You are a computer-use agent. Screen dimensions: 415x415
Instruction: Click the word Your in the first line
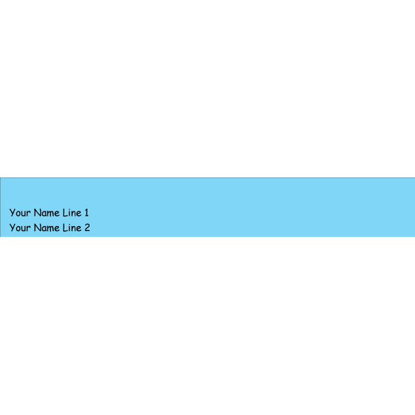20,213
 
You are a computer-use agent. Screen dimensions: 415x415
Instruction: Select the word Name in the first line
47,213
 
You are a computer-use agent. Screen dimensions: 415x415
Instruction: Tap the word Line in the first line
72,213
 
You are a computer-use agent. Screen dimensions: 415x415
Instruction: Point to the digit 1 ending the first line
87,213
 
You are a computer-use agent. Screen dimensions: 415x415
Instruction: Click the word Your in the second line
20,228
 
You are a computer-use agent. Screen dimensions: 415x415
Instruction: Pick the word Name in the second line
47,228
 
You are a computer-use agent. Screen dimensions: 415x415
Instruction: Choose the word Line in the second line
72,228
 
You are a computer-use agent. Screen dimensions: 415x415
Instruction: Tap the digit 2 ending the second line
87,228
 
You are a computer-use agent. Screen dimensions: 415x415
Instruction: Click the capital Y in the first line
12,213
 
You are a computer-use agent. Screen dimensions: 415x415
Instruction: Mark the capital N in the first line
37,213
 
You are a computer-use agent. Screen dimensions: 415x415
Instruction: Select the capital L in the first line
65,213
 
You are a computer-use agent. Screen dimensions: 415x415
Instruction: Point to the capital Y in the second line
12,228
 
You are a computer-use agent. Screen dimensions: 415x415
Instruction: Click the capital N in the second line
37,228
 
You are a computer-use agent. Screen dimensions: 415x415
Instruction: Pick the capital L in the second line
65,228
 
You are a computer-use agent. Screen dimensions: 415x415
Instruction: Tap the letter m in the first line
50,214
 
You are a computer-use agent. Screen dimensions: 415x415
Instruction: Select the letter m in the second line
50,229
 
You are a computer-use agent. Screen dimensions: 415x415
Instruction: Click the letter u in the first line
24,214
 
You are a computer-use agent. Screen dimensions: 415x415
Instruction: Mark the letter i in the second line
70,228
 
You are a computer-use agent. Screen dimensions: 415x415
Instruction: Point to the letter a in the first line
44,214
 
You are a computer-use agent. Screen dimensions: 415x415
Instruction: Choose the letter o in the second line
18,229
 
